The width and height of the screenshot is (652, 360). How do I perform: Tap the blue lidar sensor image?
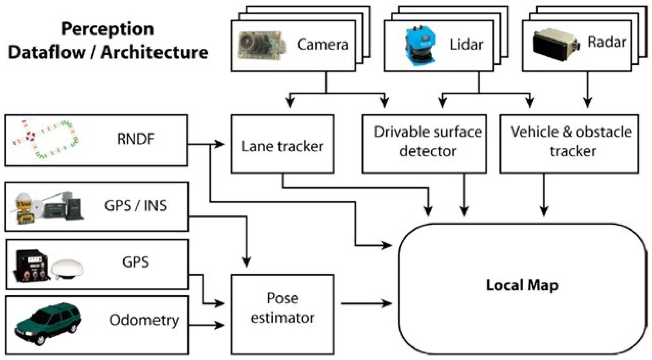pyautogui.click(x=420, y=45)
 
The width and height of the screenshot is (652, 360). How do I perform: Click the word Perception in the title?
pyautogui.click(x=108, y=29)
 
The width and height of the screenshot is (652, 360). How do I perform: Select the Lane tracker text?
pyautogui.click(x=282, y=146)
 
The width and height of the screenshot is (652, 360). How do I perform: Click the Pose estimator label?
pyautogui.click(x=282, y=308)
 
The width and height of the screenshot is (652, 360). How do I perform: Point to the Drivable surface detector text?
pyautogui.click(x=427, y=141)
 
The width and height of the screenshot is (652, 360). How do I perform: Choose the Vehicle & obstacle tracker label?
pyautogui.click(x=571, y=141)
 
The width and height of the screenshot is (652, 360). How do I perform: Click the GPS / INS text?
pyautogui.click(x=135, y=206)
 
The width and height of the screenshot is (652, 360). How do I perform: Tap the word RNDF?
pyautogui.click(x=135, y=139)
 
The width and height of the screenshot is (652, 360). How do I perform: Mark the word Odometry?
pyautogui.click(x=144, y=320)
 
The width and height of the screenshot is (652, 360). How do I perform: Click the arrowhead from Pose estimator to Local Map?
pyautogui.click(x=387, y=303)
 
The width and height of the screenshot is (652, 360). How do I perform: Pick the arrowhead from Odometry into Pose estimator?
pyautogui.click(x=220, y=325)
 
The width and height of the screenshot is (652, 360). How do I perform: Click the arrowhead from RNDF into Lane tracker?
pyautogui.click(x=220, y=144)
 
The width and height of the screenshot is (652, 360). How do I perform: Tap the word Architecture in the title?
pyautogui.click(x=154, y=52)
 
